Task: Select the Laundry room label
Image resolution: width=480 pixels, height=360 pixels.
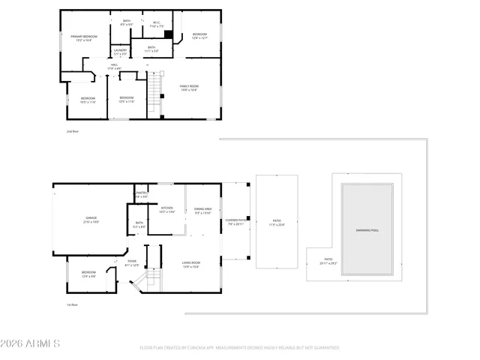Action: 120,52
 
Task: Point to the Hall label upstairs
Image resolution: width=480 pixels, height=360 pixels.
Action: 115,67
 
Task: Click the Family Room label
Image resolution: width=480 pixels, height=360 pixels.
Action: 188,88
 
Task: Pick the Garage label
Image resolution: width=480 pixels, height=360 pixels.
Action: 91,220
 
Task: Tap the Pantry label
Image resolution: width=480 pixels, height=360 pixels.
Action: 140,195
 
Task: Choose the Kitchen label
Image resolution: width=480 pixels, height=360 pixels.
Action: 167,210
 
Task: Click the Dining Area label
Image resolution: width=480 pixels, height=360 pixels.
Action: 203,211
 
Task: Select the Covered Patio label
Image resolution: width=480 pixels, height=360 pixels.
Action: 235,221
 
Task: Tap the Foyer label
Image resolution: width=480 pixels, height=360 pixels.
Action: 131,262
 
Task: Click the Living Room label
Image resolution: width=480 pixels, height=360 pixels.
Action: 190,264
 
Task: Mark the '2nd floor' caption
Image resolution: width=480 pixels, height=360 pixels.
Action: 72,131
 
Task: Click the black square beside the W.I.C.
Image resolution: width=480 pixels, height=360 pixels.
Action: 169,34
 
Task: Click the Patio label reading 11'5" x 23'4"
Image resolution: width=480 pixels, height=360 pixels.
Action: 277,222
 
